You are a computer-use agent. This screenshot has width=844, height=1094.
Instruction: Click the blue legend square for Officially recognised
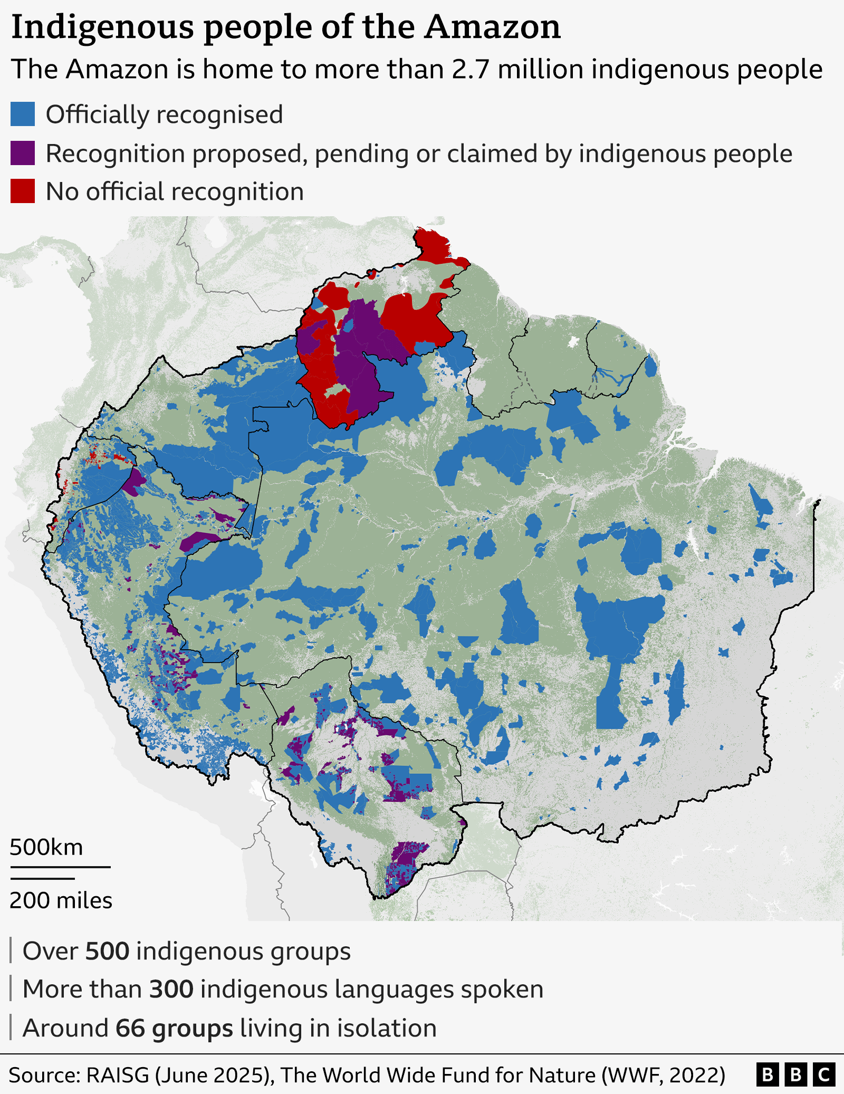[23, 114]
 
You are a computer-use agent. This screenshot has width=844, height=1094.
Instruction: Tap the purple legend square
[23, 153]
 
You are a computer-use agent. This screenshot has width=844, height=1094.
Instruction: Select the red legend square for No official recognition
[23, 191]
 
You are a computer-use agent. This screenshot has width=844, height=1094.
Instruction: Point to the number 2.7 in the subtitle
[471, 69]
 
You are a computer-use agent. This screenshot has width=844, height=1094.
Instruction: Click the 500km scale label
[46, 847]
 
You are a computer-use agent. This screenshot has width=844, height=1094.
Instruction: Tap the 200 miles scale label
[61, 900]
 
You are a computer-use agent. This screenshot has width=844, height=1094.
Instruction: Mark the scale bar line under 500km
[60, 867]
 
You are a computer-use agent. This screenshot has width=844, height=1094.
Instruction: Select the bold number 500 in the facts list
[107, 952]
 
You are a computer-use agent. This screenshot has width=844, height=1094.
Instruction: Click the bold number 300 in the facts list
[171, 990]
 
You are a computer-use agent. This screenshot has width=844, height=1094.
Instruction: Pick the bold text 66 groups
[174, 1028]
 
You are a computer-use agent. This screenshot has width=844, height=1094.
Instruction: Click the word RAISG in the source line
[118, 1075]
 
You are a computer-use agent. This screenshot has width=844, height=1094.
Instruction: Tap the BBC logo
[795, 1075]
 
